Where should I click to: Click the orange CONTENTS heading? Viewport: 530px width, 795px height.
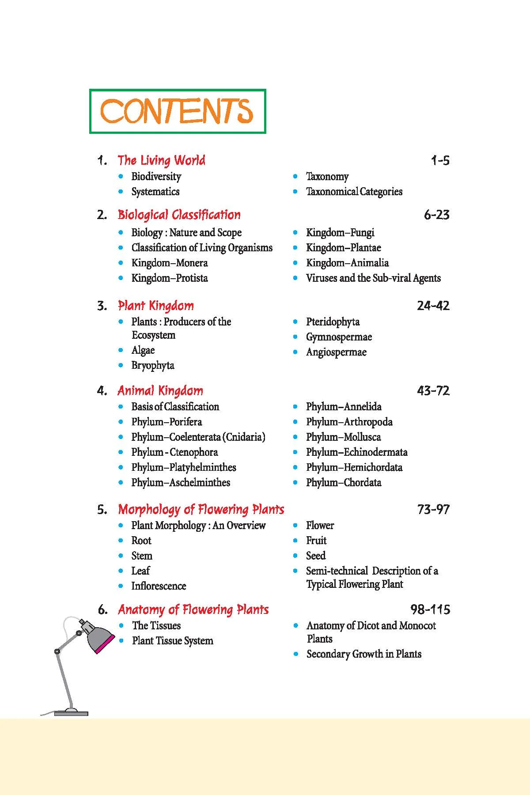pyautogui.click(x=177, y=111)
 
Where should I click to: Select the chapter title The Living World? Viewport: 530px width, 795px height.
pyautogui.click(x=161, y=160)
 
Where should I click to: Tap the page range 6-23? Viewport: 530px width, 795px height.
pyautogui.click(x=436, y=215)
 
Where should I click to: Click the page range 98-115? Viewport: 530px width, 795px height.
pyautogui.click(x=430, y=610)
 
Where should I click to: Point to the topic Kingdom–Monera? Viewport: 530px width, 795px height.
pyautogui.click(x=169, y=263)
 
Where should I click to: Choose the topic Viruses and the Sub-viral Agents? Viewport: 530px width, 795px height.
pyautogui.click(x=373, y=278)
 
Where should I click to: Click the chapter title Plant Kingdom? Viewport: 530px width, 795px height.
pyautogui.click(x=155, y=306)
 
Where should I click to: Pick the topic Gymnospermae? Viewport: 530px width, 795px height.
pyautogui.click(x=339, y=337)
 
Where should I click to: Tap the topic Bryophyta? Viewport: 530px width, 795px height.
pyautogui.click(x=153, y=366)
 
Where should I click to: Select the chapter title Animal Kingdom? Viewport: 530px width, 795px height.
pyautogui.click(x=160, y=391)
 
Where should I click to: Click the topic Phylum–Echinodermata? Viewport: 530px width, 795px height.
pyautogui.click(x=356, y=452)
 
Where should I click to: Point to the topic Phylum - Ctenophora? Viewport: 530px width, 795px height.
pyautogui.click(x=174, y=452)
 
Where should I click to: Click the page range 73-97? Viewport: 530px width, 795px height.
pyautogui.click(x=433, y=510)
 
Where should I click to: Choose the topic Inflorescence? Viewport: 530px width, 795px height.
pyautogui.click(x=159, y=586)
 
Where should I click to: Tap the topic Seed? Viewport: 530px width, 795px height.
pyautogui.click(x=316, y=556)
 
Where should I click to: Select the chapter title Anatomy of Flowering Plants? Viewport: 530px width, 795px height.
pyautogui.click(x=193, y=610)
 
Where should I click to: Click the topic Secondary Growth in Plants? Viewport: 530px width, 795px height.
pyautogui.click(x=364, y=654)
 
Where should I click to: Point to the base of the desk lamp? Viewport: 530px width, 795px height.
pyautogui.click(x=71, y=712)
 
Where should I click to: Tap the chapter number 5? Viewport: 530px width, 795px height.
pyautogui.click(x=102, y=510)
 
